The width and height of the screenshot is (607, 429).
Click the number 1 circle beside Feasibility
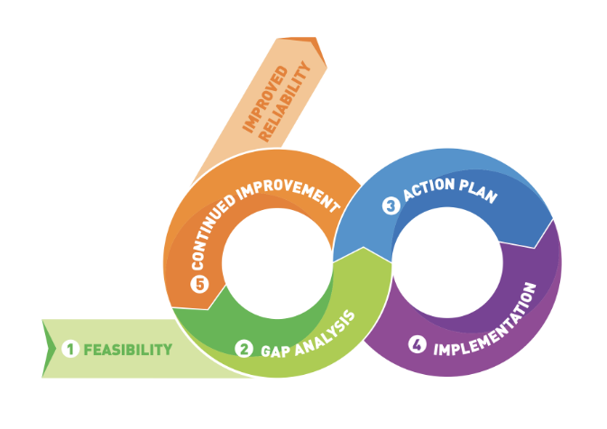point(70,349)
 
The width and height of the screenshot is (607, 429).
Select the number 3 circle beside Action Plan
point(391,206)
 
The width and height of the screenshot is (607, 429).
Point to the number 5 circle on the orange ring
point(199,285)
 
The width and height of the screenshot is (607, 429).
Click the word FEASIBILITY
point(127,349)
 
